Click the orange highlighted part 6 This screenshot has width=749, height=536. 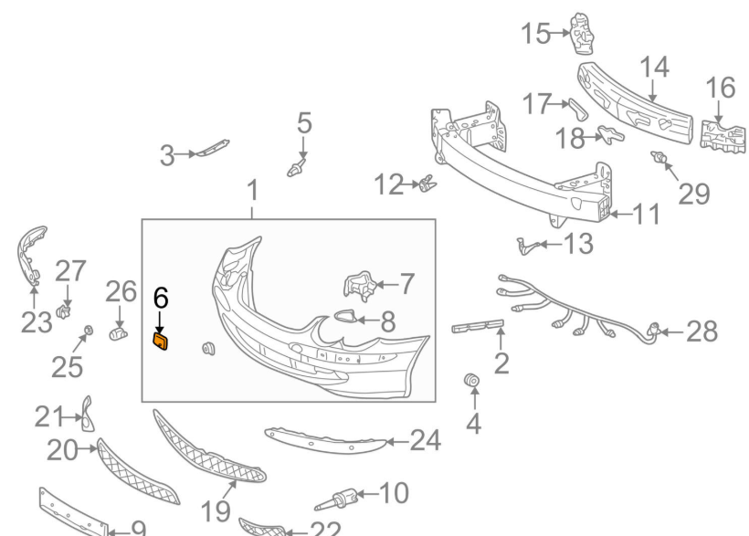pos(160,342)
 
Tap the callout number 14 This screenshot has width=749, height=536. pos(654,68)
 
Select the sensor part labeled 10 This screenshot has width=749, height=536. pos(343,499)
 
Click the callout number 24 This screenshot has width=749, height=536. pos(424,442)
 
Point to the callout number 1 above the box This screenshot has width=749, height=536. pos(252,191)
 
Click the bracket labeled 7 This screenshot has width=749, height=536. pos(359,286)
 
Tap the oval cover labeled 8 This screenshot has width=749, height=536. pos(347,317)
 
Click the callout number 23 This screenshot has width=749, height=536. pos(37,324)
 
